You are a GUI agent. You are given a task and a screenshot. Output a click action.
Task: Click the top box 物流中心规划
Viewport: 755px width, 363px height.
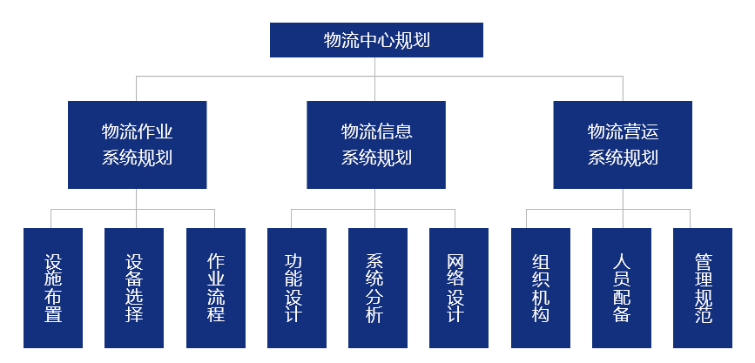[376, 40]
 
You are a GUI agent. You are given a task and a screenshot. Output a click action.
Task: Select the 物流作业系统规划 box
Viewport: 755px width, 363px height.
[138, 145]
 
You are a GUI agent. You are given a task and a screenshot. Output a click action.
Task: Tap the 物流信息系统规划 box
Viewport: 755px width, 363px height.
[376, 145]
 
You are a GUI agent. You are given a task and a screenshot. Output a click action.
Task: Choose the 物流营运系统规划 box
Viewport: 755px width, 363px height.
[623, 145]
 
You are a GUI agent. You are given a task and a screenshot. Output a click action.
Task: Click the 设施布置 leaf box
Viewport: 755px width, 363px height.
[53, 288]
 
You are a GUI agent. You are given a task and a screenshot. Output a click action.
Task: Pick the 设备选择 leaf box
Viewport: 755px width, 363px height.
[134, 288]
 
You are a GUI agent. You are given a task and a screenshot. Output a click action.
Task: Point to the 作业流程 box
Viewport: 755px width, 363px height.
[216, 288]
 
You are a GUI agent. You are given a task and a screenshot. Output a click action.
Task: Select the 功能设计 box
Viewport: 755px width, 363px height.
[297, 288]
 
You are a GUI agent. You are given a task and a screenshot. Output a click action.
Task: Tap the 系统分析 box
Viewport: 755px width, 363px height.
[378, 288]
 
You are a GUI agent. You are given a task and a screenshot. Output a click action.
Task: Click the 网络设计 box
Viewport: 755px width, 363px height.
[459, 288]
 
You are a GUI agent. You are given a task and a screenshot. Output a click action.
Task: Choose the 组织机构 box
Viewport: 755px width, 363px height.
[541, 288]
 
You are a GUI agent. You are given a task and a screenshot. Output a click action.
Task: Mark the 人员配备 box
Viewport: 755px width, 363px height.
[622, 288]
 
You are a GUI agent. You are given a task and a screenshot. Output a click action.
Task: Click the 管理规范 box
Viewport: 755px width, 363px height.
[703, 288]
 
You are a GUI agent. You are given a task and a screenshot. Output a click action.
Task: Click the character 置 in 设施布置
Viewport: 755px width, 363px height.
[53, 314]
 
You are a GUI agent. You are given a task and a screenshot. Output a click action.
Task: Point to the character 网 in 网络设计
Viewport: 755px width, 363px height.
[455, 262]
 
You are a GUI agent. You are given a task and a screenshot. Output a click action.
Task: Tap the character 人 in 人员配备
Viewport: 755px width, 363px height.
[622, 262]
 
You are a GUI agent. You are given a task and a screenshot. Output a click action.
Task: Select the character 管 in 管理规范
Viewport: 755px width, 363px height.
[704, 262]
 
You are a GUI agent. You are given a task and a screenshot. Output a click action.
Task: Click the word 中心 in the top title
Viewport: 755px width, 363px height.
[376, 40]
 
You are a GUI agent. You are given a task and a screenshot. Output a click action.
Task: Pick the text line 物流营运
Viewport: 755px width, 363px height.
[623, 131]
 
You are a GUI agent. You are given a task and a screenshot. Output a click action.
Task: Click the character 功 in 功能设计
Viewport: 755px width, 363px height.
[293, 262]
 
